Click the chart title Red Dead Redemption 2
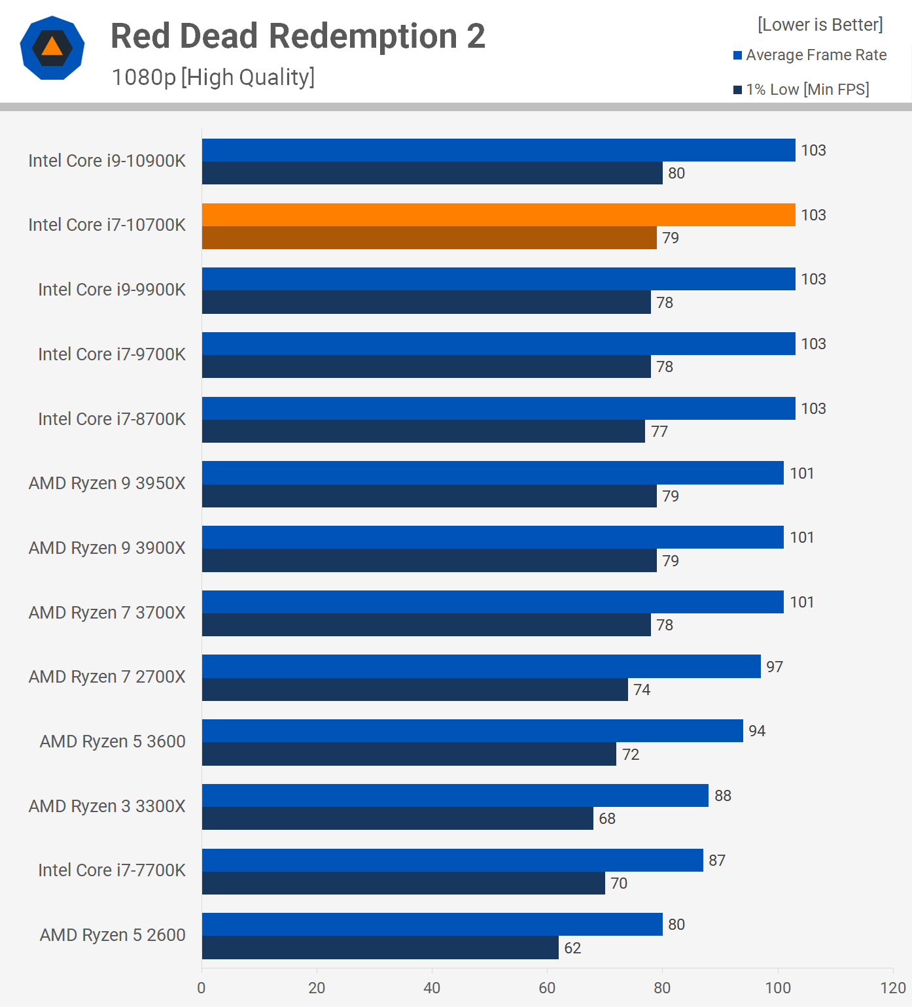click(x=298, y=36)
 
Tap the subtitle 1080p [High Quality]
click(x=213, y=77)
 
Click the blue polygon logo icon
click(x=52, y=48)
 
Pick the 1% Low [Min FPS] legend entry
click(x=801, y=90)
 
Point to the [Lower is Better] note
click(x=820, y=25)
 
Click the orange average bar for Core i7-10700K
click(x=498, y=215)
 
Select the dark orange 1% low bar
click(x=429, y=238)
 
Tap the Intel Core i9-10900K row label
click(x=107, y=161)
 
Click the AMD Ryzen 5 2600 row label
click(x=113, y=935)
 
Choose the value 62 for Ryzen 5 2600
click(x=572, y=948)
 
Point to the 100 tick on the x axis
click(x=778, y=988)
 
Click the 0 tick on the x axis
click(x=202, y=988)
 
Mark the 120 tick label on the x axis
click(x=893, y=988)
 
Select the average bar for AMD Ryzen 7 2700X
click(x=481, y=666)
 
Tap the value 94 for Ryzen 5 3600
click(x=757, y=731)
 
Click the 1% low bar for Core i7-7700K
click(x=403, y=883)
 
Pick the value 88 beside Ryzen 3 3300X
click(x=723, y=796)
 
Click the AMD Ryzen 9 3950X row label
click(x=107, y=483)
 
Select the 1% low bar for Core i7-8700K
click(x=423, y=432)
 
